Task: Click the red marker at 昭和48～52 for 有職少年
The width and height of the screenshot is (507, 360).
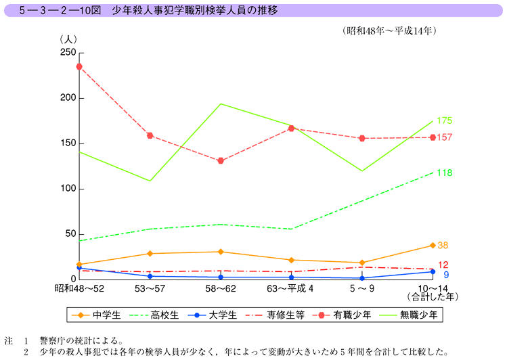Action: click(79, 66)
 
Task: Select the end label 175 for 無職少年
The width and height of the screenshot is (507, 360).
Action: click(444, 121)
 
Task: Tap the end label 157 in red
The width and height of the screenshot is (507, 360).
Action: click(444, 137)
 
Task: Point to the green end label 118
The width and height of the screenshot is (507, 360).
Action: click(444, 173)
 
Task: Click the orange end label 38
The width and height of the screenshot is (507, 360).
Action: click(443, 245)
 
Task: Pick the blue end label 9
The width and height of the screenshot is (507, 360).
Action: click(446, 275)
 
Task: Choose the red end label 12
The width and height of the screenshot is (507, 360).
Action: click(443, 265)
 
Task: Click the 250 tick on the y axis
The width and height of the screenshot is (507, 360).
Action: click(67, 53)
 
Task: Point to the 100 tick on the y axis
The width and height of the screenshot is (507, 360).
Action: click(67, 188)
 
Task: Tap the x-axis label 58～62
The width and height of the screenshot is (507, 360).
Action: click(221, 288)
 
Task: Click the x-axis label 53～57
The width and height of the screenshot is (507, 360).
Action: click(150, 288)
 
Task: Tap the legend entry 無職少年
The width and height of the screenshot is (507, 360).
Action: click(414, 315)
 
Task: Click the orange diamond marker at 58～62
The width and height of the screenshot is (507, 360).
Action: click(221, 252)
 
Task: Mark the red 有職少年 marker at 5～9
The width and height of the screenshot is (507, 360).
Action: click(362, 138)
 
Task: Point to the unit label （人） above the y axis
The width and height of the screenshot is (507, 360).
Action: click(70, 39)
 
